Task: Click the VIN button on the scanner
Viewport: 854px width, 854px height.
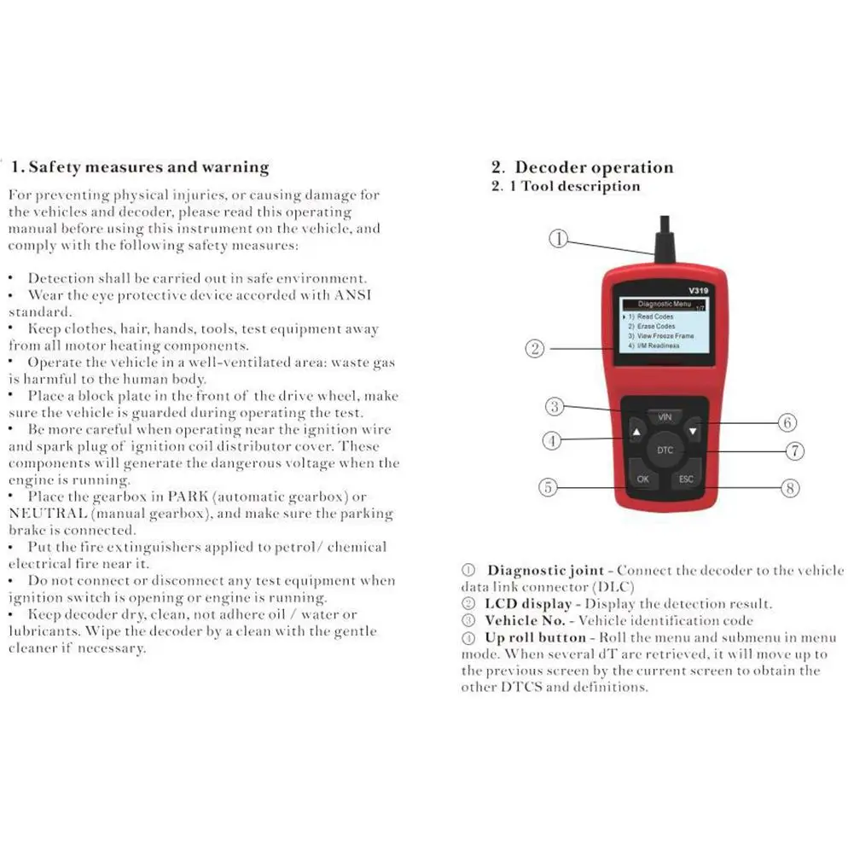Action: (x=665, y=417)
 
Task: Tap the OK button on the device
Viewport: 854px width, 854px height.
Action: (x=642, y=478)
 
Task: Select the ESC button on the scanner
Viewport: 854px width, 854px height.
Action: (x=686, y=478)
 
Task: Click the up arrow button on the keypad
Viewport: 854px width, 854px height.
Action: (x=636, y=432)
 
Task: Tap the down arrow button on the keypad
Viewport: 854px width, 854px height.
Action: (x=693, y=432)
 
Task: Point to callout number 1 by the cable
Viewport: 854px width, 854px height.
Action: (x=558, y=239)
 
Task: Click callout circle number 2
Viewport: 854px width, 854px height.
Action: (x=535, y=348)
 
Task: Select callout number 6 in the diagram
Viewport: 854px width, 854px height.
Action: (x=787, y=422)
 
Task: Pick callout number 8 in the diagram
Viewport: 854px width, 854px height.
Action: (x=790, y=488)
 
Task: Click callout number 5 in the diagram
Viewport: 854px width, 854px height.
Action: (x=548, y=487)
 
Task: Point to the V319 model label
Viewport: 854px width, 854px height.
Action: (x=698, y=290)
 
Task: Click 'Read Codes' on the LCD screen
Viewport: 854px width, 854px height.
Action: (x=655, y=317)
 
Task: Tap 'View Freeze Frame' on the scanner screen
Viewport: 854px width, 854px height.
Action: (x=665, y=336)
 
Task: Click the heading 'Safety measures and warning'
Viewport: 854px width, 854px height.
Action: (x=148, y=166)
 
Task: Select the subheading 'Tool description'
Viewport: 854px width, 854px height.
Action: (x=581, y=186)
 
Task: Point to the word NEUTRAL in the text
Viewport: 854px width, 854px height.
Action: (x=48, y=513)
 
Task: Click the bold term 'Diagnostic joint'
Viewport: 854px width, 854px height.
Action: (x=546, y=570)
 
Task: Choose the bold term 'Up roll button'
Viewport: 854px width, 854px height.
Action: (x=536, y=637)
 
